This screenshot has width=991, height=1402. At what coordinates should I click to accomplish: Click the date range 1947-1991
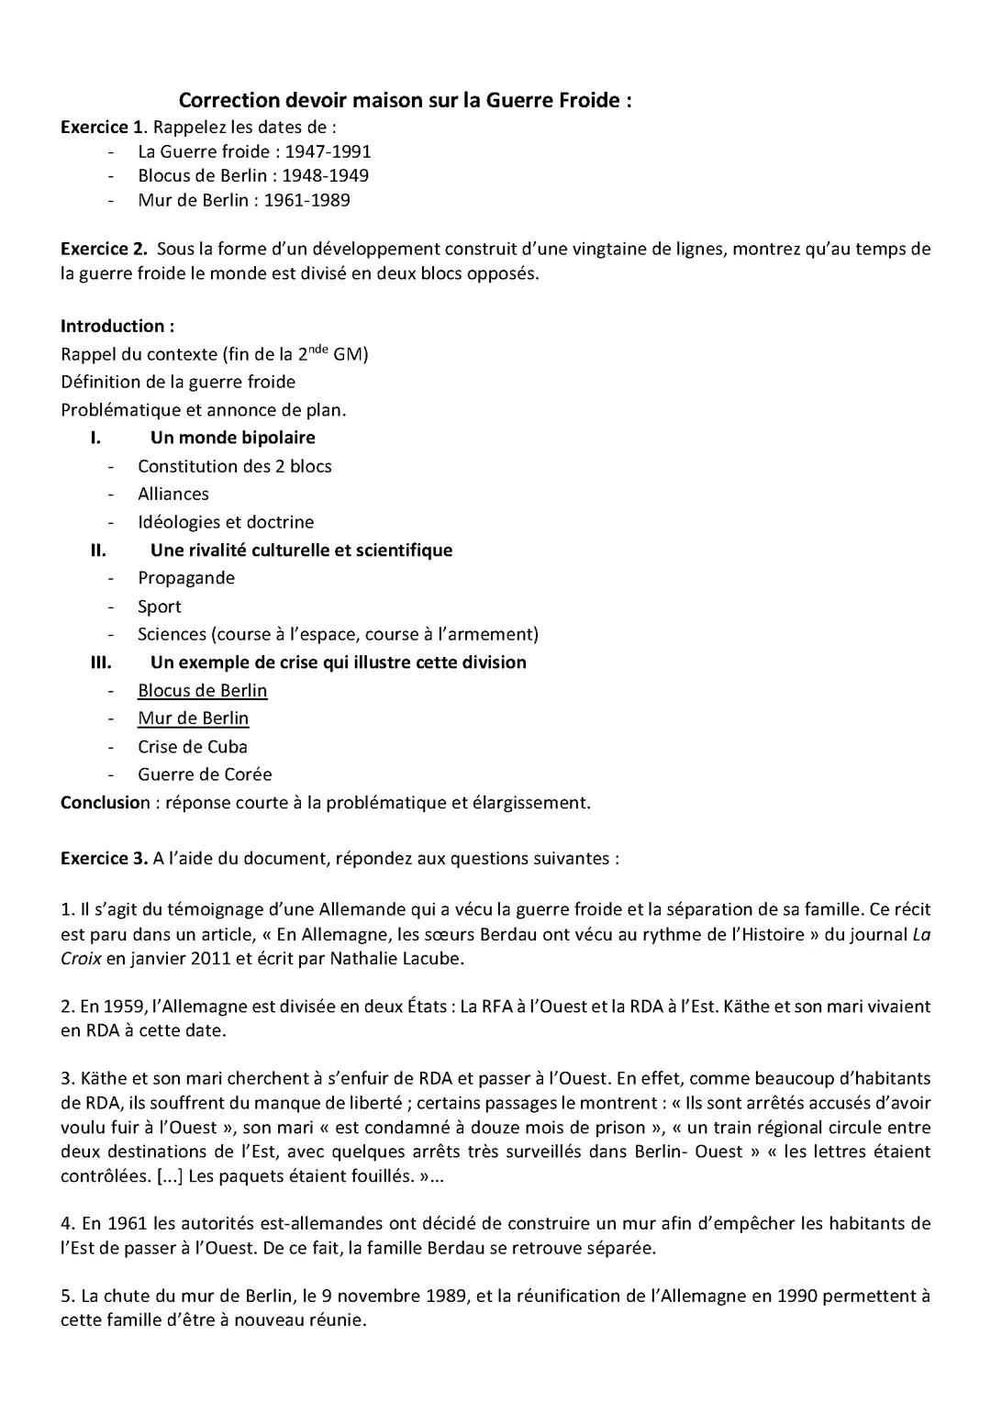pyautogui.click(x=328, y=151)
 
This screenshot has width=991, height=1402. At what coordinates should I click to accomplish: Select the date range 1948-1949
pyautogui.click(x=325, y=175)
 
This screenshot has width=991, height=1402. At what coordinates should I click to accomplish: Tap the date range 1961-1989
pyautogui.click(x=306, y=200)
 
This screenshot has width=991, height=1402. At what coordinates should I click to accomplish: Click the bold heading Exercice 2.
pyautogui.click(x=104, y=249)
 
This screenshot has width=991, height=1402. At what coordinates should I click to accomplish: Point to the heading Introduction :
pyautogui.click(x=117, y=326)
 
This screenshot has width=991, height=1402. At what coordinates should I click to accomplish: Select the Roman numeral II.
pyautogui.click(x=97, y=550)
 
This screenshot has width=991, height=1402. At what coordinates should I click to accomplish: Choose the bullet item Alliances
pyautogui.click(x=173, y=494)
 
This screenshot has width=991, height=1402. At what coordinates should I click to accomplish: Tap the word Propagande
pyautogui.click(x=186, y=578)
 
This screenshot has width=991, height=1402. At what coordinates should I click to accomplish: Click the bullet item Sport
pyautogui.click(x=160, y=606)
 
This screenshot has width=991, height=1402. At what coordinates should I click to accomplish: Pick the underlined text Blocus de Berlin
pyautogui.click(x=203, y=690)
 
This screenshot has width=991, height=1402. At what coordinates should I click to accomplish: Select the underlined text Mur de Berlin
pyautogui.click(x=194, y=718)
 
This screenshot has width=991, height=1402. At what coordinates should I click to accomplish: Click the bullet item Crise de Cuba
pyautogui.click(x=193, y=747)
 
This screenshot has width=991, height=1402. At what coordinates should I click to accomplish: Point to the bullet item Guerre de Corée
pyautogui.click(x=205, y=774)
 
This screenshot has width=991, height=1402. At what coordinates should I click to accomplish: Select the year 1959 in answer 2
pyautogui.click(x=124, y=1007)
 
